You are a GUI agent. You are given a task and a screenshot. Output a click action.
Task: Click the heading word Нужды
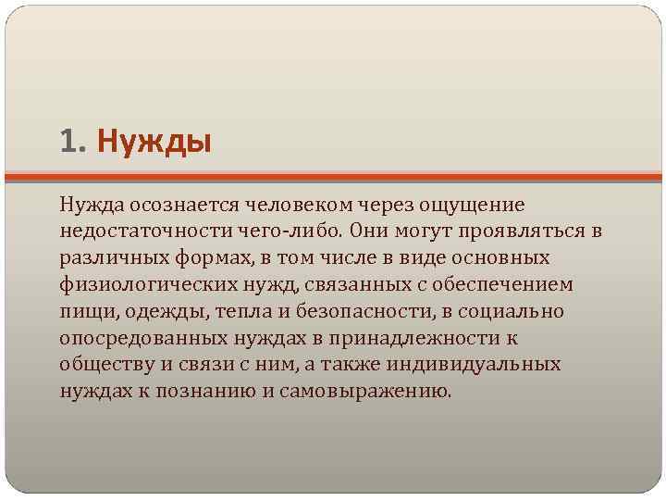pyautogui.click(x=154, y=143)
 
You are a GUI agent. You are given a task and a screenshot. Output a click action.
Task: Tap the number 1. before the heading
pyautogui.click(x=72, y=143)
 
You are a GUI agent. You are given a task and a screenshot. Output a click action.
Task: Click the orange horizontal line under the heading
pyautogui.click(x=333, y=176)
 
